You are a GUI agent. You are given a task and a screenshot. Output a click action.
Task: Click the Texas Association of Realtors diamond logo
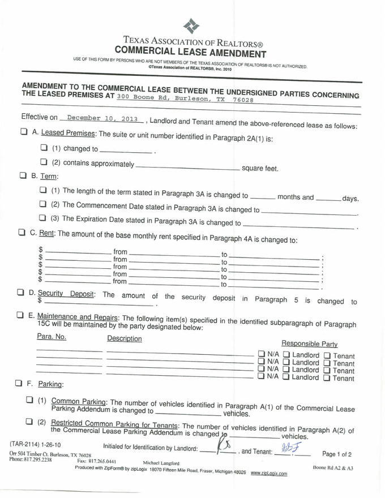point(192,26)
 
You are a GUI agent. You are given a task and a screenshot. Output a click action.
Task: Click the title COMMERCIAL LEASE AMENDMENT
point(190,54)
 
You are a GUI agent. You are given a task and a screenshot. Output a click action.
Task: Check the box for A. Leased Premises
point(24,131)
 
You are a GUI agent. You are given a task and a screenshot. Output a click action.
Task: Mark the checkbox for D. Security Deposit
point(20,292)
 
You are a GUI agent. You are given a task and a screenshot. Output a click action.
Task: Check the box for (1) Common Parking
point(29,400)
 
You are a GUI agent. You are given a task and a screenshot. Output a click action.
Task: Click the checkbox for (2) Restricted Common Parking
point(29,422)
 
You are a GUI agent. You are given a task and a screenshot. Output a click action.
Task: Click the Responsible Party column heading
point(309,344)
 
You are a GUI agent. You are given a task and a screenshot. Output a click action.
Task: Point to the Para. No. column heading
point(52,337)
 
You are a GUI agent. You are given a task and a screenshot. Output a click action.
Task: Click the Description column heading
point(125,339)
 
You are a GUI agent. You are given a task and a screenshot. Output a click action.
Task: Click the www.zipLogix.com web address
point(269,474)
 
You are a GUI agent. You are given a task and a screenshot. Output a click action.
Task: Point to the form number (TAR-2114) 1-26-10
point(35,444)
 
